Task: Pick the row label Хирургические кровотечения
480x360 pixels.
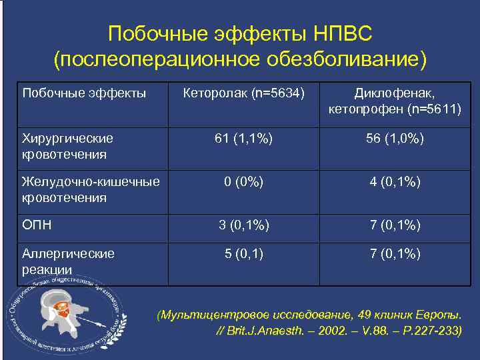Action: pos(68,146)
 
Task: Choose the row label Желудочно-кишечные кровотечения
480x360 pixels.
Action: pos(91,189)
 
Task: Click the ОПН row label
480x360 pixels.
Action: pos(37,225)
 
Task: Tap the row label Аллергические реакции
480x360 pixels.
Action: pos(68,261)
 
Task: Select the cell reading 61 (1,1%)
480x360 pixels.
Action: pos(243,139)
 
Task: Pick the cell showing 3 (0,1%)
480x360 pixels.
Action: pos(243,225)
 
